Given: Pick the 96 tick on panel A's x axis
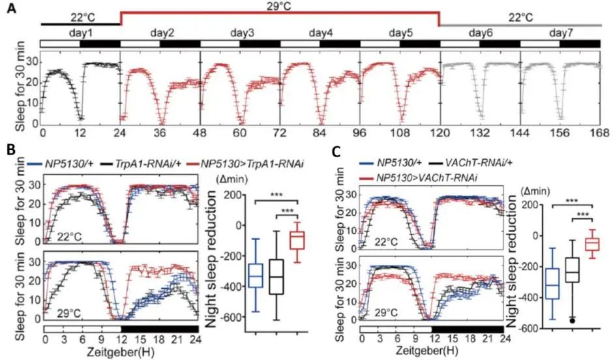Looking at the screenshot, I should (x=360, y=132).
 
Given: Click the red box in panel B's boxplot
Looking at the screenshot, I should (x=298, y=240).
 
